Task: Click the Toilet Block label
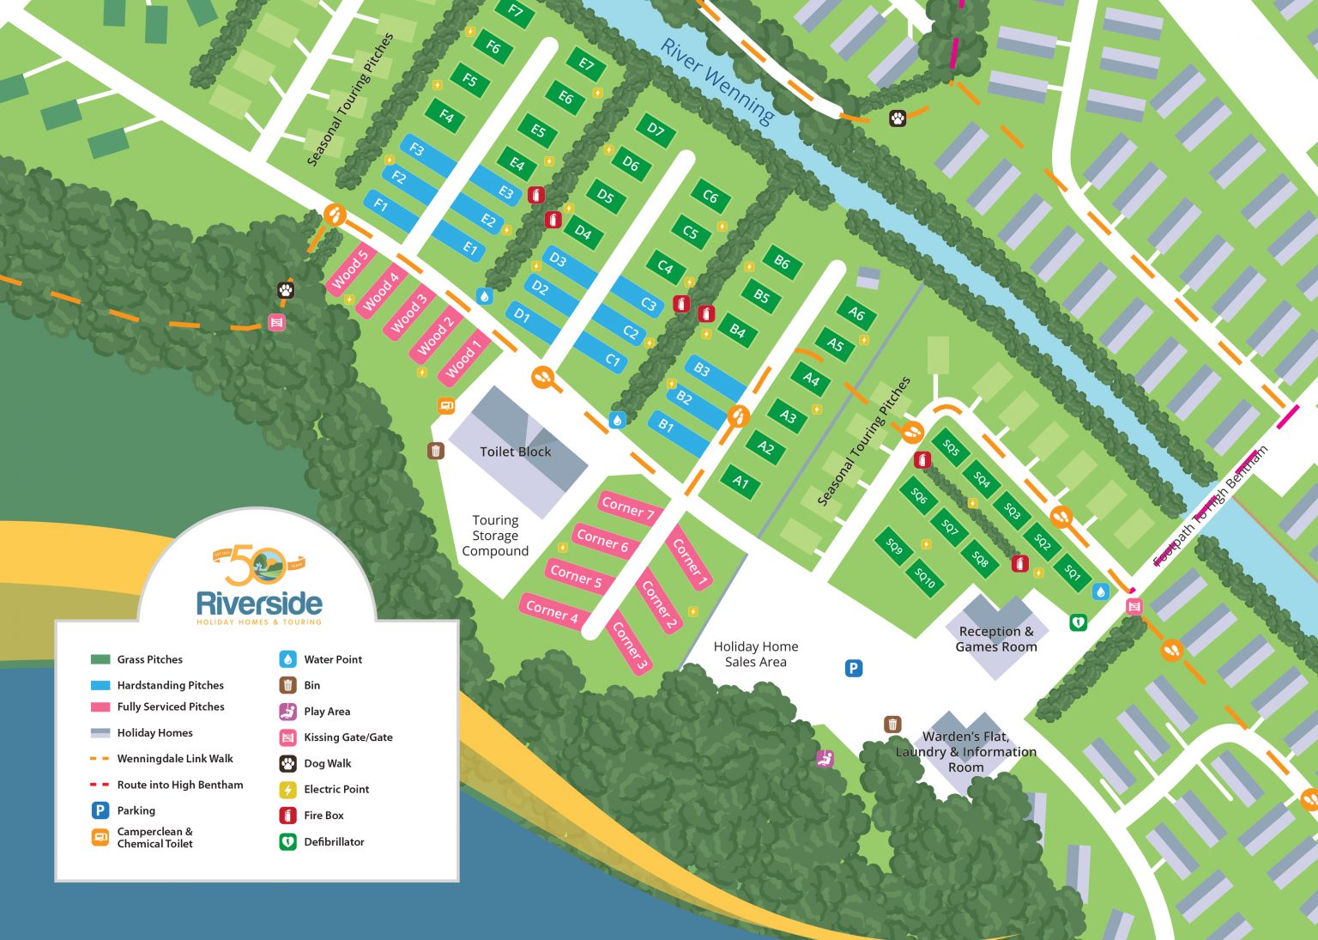(x=515, y=452)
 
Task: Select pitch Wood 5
(x=349, y=269)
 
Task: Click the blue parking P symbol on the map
(x=853, y=668)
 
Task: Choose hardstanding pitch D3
(x=558, y=259)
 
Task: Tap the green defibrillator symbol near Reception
(x=1079, y=621)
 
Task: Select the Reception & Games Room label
(x=996, y=639)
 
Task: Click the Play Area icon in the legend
(x=287, y=711)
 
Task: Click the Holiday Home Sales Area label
(x=755, y=653)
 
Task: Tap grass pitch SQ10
(x=924, y=578)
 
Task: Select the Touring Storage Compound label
(x=495, y=536)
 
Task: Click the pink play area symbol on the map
(x=825, y=758)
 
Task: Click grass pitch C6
(x=710, y=197)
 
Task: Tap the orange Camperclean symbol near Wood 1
(x=446, y=405)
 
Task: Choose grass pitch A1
(x=741, y=482)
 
